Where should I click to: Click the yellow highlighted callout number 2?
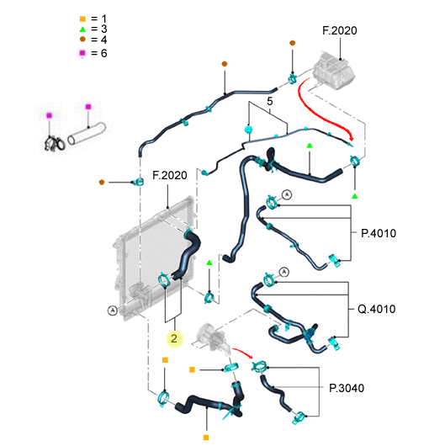174,339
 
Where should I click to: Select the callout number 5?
269,101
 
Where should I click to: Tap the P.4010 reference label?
379,233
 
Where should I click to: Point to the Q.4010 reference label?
376,309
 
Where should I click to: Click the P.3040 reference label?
347,388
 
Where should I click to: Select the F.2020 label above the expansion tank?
340,31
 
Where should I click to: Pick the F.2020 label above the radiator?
170,175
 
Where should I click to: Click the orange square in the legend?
82,19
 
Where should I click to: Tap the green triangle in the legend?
82,29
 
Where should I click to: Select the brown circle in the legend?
82,40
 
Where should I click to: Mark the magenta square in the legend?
82,53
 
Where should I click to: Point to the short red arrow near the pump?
242,352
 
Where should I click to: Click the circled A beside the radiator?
113,310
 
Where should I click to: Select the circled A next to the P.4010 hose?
287,195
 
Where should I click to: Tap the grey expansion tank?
333,71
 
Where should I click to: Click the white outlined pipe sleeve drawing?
87,134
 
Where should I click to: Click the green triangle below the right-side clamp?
354,196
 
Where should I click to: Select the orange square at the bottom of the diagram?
206,438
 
